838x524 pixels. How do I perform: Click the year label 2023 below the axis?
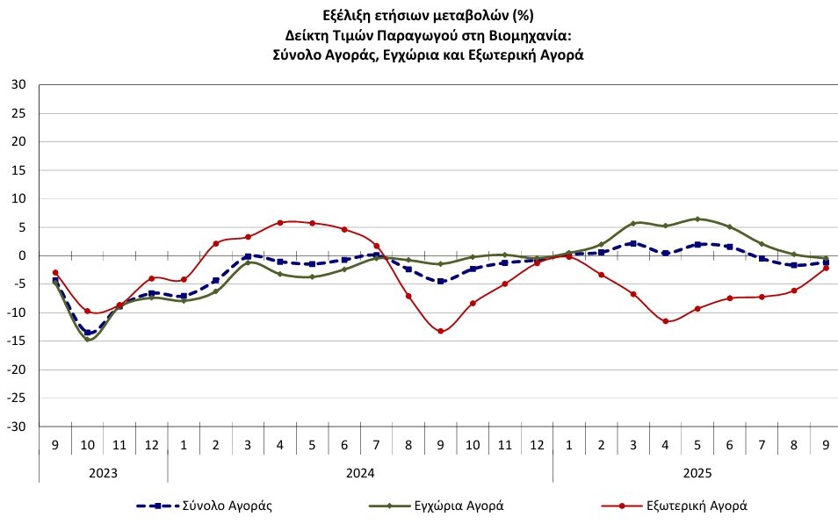coord(103,472)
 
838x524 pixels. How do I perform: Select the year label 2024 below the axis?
coord(360,472)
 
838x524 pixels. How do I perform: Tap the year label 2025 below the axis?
coord(697,472)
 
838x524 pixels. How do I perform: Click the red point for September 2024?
coord(440,331)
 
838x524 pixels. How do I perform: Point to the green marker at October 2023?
coord(87,339)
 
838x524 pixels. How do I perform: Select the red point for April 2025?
coord(665,321)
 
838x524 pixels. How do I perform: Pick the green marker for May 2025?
coord(697,219)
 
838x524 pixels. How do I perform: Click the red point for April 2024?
coord(279,223)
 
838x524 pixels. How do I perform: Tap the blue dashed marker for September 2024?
coord(440,282)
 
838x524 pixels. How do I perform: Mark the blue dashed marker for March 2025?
coord(633,243)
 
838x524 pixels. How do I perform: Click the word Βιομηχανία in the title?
coord(535,35)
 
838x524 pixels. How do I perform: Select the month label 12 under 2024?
coord(537,446)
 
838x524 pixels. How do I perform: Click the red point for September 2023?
coord(55,272)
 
